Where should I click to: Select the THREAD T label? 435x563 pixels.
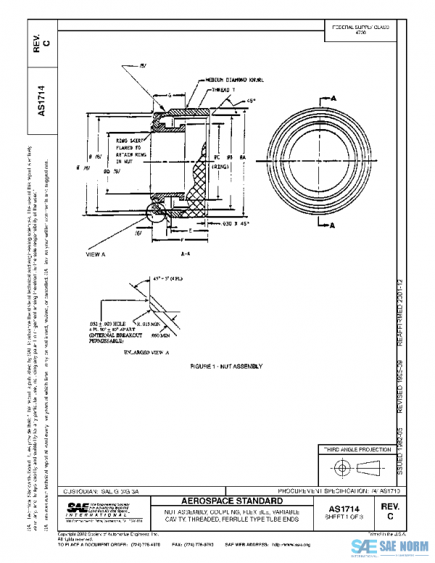pyautogui.click(x=221, y=89)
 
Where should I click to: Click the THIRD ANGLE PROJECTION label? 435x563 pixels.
pyautogui.click(x=355, y=451)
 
